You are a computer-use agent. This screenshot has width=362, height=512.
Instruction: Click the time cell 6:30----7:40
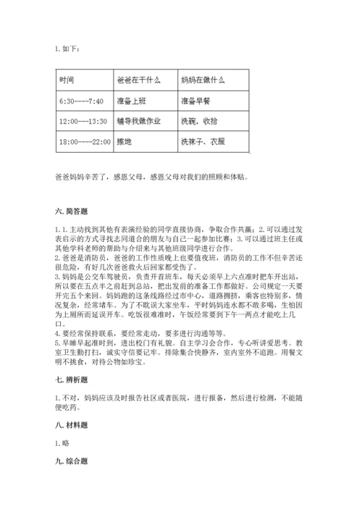(x=82, y=101)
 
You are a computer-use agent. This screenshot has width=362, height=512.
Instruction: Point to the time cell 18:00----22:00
(x=85, y=142)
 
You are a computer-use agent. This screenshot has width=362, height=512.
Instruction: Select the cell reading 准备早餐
(x=196, y=101)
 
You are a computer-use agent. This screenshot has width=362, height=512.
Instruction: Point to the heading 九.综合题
(x=71, y=460)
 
